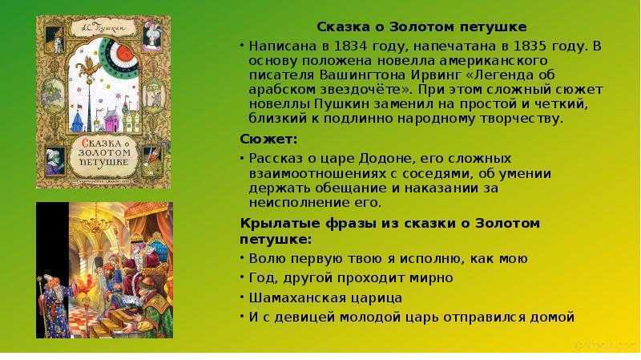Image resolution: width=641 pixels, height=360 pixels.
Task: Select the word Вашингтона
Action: [357, 75]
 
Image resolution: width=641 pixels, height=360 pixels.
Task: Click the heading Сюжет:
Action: [268, 139]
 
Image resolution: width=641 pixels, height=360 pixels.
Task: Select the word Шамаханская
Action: [292, 297]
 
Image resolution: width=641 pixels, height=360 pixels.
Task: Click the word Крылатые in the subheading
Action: [280, 224]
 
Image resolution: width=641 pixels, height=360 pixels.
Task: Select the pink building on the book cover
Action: [111, 119]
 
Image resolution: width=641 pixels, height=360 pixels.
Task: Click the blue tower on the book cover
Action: [78, 122]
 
